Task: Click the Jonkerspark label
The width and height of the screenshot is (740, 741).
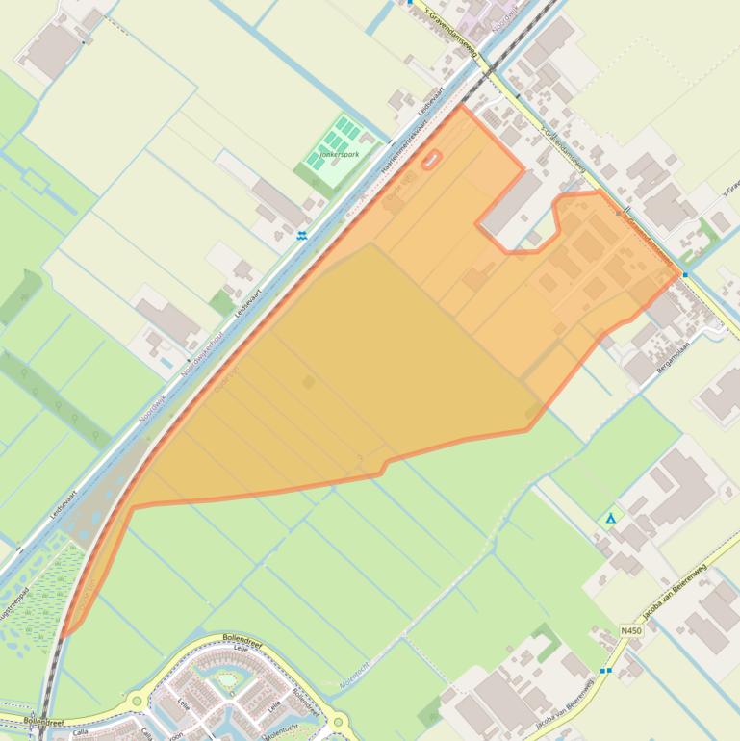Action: tap(333, 154)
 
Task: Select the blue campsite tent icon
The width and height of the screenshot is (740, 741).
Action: tap(609, 519)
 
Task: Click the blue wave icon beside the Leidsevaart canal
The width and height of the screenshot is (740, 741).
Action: tap(303, 234)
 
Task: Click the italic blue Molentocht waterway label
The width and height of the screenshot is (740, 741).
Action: tap(353, 673)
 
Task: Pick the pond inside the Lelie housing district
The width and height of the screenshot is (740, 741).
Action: tap(227, 681)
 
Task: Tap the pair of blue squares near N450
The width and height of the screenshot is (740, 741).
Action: tap(605, 671)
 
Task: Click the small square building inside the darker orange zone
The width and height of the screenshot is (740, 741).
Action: tap(309, 382)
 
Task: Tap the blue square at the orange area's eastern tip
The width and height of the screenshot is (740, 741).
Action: tap(685, 274)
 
